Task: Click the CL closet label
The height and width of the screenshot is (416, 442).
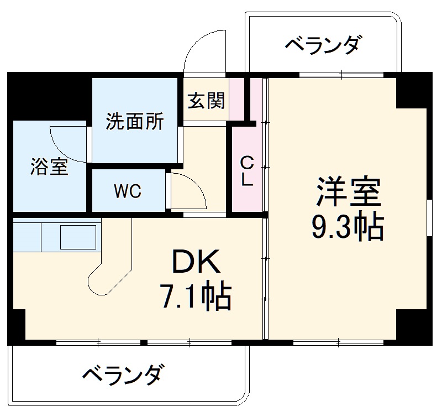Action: (247, 171)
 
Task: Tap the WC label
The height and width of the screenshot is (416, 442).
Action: (128, 191)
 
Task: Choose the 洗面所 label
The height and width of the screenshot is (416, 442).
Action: (135, 121)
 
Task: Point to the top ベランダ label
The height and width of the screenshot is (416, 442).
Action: (325, 44)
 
